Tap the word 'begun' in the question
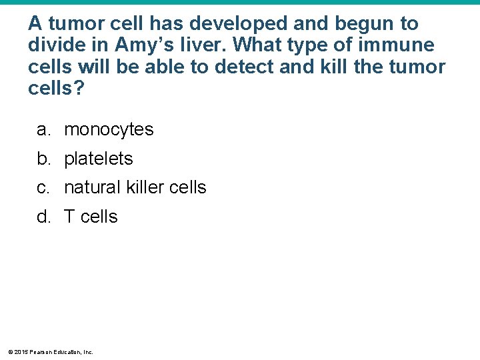[365, 24]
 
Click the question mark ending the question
[80, 89]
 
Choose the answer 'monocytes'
[109, 130]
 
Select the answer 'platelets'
[99, 159]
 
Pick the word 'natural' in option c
[91, 187]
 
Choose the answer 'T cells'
[91, 217]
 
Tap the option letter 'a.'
[43, 130]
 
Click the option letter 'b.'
[43, 159]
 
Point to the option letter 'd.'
[43, 217]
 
